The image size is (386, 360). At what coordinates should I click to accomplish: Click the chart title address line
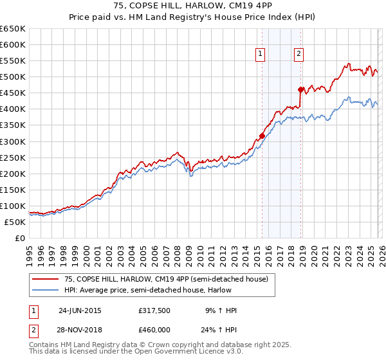192,8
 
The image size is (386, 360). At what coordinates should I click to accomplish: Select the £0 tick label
19,238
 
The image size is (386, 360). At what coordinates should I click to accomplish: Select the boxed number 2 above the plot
300,55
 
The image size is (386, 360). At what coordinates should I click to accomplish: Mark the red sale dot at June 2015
262,136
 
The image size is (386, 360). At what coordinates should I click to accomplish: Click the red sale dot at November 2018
300,89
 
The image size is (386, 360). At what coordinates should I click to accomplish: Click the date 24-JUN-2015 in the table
80,310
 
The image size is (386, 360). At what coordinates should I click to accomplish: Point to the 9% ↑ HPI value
220,310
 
